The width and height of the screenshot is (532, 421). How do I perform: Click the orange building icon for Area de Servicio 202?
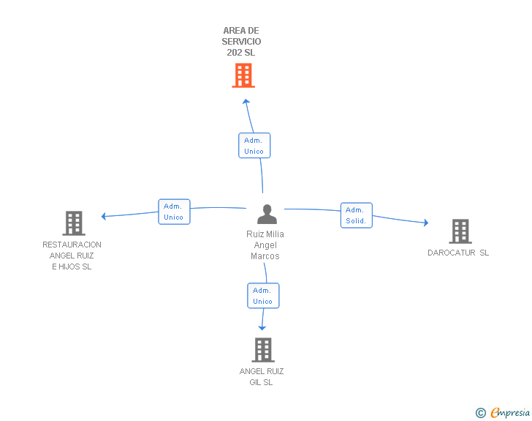point(243,75)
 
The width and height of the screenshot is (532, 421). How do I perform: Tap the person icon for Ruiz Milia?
point(267,215)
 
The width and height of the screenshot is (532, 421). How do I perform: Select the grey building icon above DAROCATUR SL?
point(460,231)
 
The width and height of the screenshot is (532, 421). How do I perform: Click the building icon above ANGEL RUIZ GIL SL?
point(262,350)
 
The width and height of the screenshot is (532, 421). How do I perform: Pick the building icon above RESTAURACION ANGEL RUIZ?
point(73,223)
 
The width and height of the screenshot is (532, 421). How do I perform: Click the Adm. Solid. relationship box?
point(356,215)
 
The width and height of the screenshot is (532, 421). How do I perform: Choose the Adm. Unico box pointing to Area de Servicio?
point(254,146)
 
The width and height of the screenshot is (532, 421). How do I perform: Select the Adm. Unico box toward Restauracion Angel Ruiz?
point(174,212)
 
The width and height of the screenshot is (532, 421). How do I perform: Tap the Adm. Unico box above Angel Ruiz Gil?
point(262,296)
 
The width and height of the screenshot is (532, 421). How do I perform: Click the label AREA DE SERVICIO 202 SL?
point(242,42)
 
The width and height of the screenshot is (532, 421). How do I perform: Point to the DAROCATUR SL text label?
point(458,253)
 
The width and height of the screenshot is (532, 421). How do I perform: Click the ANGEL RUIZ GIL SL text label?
point(262,377)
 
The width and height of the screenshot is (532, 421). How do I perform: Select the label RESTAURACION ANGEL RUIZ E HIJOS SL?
point(72,256)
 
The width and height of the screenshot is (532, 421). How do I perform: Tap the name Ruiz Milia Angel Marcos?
point(265,245)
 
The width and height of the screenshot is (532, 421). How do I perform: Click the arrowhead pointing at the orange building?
point(246,102)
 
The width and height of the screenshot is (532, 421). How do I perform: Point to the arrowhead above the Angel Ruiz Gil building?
point(262,327)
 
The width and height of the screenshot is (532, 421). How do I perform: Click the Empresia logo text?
point(509,412)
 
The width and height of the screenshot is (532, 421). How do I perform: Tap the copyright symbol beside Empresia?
point(481,413)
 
